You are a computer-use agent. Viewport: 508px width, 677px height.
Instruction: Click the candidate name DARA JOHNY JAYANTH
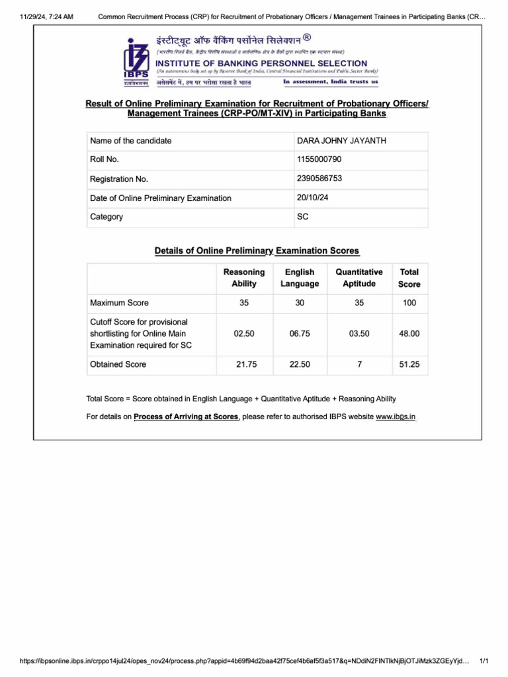click(342, 141)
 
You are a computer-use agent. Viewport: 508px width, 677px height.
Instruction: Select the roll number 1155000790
click(320, 159)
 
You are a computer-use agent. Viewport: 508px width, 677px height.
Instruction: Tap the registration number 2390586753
click(320, 179)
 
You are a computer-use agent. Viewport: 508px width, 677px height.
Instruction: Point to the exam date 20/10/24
click(314, 197)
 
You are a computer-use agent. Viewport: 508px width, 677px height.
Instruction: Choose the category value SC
click(303, 216)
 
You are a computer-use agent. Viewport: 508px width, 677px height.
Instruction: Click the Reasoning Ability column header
click(244, 278)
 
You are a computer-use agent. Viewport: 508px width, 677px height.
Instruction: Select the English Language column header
click(300, 278)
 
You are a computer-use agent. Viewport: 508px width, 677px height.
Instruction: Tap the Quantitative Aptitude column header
click(359, 278)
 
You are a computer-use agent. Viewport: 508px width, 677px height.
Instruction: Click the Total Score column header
click(409, 278)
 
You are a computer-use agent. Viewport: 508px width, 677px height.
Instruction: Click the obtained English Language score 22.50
click(300, 364)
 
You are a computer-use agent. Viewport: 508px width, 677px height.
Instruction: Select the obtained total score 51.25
click(409, 364)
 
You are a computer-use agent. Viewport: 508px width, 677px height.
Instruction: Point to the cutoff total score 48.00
click(409, 334)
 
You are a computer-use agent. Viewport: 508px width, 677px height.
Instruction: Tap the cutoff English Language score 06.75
click(300, 334)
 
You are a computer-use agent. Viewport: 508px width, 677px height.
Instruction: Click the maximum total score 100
click(409, 303)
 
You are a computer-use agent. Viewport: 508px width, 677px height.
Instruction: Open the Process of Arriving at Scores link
click(186, 417)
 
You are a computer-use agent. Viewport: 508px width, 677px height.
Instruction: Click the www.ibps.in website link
click(396, 417)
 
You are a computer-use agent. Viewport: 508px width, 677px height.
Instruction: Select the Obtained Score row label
click(118, 364)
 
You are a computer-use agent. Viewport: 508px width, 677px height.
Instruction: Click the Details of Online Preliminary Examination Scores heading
click(257, 251)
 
